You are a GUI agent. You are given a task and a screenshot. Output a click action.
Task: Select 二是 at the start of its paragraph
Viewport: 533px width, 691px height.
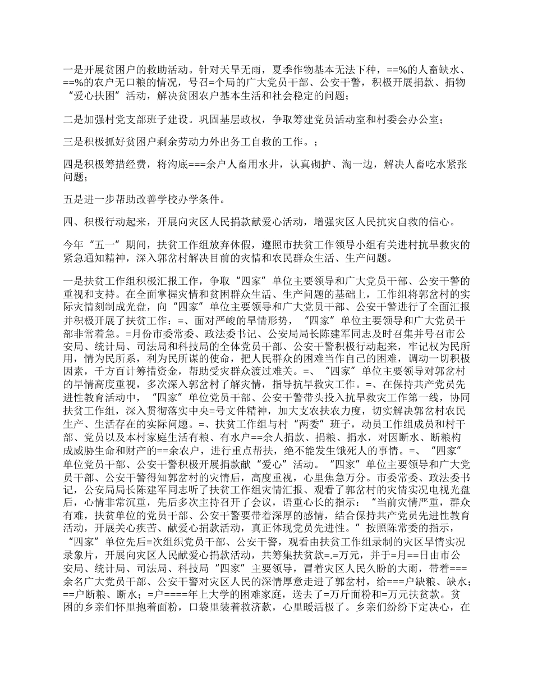pyautogui.click(x=73, y=121)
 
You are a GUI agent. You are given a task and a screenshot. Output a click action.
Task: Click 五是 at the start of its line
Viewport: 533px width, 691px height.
pyautogui.click(x=73, y=199)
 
